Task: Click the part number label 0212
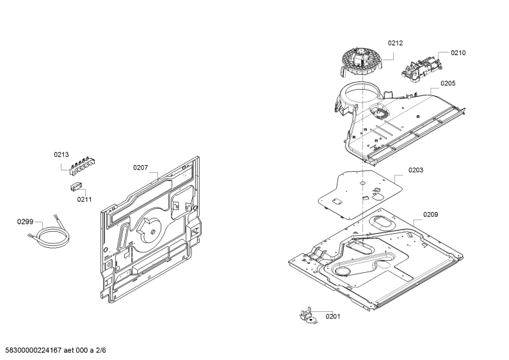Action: [x=396, y=43]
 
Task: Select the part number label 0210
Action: [x=458, y=53]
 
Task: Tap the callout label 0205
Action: [x=448, y=83]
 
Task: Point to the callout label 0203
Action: [x=416, y=170]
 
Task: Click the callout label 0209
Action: [x=430, y=215]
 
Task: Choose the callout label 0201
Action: [x=333, y=316]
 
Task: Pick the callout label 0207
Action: [x=141, y=168]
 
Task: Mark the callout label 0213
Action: [x=61, y=154]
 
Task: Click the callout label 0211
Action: [x=85, y=199]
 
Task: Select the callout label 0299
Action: [x=25, y=222]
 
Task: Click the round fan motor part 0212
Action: [x=362, y=61]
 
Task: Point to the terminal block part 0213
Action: [x=83, y=165]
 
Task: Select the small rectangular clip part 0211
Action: [x=76, y=187]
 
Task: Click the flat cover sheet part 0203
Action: [x=360, y=195]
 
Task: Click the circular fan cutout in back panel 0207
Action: [x=149, y=229]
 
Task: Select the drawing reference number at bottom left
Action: [x=56, y=350]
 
